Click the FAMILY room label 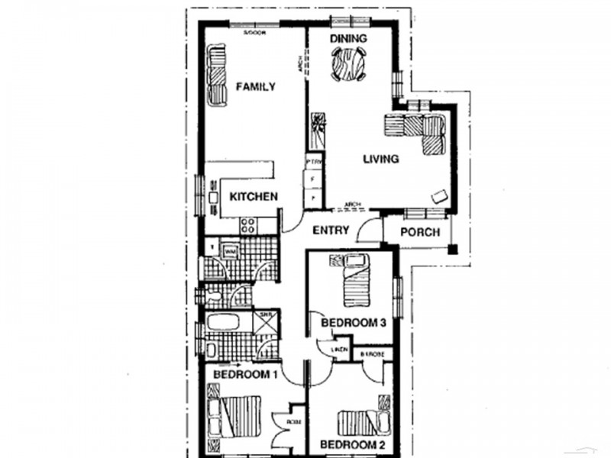tap(255, 87)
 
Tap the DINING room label tap(348, 39)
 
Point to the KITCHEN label tap(254, 197)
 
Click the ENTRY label tap(331, 230)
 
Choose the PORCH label tap(421, 232)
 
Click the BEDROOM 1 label tap(244, 375)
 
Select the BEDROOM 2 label tap(351, 444)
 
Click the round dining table tap(348, 64)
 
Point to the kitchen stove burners tap(248, 225)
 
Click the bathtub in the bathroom tap(229, 321)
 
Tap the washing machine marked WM tap(229, 250)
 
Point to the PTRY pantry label tap(312, 162)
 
